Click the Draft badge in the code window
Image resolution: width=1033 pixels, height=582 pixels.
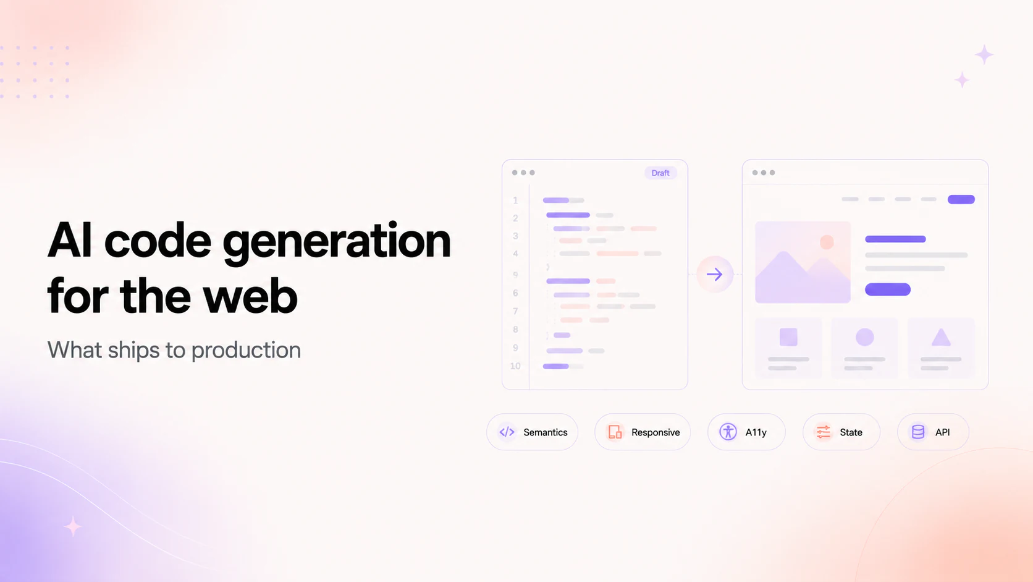pos(660,173)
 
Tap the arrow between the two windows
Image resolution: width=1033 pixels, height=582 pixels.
pos(715,275)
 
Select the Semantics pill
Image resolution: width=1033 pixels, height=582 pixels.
pos(532,432)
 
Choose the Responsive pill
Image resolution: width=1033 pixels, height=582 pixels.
pos(643,432)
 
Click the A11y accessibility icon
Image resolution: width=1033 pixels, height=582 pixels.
pos(728,432)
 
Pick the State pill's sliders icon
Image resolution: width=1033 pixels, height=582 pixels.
pos(824,432)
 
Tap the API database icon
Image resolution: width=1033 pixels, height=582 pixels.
pos(918,432)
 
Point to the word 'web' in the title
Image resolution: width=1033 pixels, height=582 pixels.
pos(250,296)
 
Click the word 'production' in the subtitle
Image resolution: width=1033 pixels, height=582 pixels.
pos(246,351)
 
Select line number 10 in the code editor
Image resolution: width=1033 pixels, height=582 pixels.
pos(515,367)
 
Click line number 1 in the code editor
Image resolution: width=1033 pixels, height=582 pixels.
pos(515,200)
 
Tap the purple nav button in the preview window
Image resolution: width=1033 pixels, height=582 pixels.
pos(961,199)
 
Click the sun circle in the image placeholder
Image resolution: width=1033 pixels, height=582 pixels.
pos(827,242)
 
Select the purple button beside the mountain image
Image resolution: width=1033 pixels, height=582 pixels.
pos(888,289)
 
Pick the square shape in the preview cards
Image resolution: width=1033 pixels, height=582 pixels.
pos(788,337)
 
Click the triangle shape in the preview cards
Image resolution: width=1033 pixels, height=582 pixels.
pos(941,337)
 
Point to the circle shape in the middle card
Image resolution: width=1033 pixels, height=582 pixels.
pos(865,337)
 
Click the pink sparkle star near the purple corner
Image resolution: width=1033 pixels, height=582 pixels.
pos(72,526)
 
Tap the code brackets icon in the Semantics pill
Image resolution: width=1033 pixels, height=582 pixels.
pos(507,432)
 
